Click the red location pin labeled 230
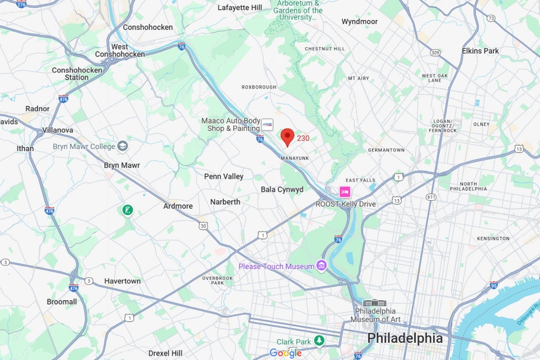coord(287,137)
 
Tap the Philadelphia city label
coord(404,339)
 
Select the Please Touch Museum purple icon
coord(321,266)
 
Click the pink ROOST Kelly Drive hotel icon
coord(345,192)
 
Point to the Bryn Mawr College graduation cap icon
coord(122,146)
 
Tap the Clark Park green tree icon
coord(318,340)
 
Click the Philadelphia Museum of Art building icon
coord(375,303)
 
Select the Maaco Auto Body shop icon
coord(267,125)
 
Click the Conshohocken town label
coord(148,27)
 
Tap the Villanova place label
coord(58,130)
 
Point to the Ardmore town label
coord(178,206)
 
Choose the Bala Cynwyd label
coord(282,189)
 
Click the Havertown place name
coord(122,281)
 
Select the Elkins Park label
coord(481,51)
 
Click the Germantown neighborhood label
coord(386,150)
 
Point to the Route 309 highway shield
coord(435,53)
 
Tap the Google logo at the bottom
coord(285,353)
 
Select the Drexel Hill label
coord(165,353)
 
